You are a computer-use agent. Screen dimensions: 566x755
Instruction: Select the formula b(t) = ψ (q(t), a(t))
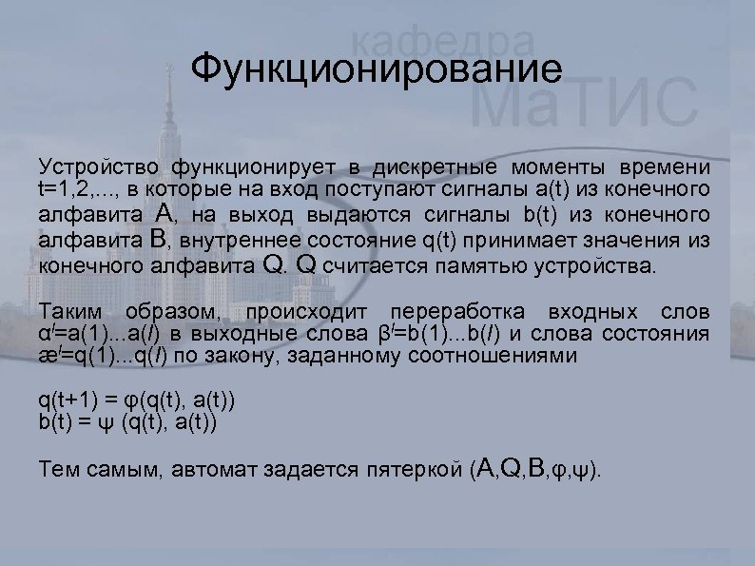127,422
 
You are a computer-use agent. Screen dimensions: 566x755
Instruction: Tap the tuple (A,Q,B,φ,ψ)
537,469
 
